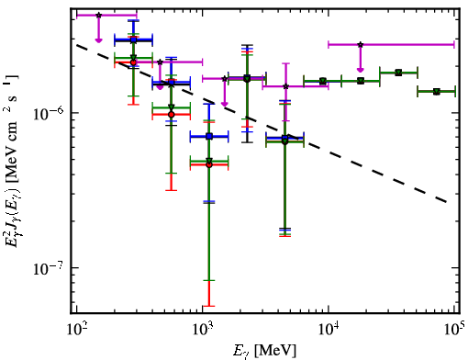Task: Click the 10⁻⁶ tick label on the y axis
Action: [49, 113]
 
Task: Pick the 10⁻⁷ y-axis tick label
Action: [49, 268]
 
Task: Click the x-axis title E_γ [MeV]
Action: [264, 351]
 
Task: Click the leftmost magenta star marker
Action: [98, 15]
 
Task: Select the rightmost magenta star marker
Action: [361, 45]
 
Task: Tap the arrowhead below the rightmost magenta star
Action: [361, 70]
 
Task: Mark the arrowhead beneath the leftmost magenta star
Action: [98, 40]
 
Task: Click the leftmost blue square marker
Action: [133, 39]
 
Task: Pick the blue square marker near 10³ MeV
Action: [209, 136]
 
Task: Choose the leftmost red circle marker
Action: [133, 62]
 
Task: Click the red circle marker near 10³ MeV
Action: [209, 164]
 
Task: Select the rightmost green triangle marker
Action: [437, 92]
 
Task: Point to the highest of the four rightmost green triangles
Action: [398, 73]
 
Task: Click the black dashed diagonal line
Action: [262, 124]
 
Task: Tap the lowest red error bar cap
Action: [209, 306]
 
